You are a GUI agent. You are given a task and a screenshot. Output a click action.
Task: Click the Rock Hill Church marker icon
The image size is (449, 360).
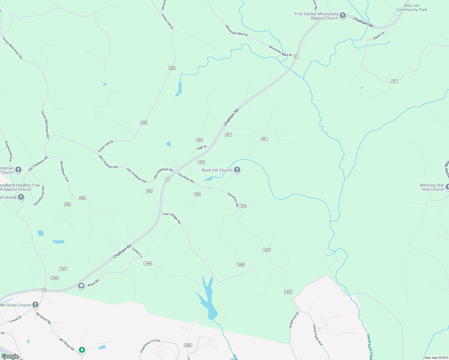(237, 170)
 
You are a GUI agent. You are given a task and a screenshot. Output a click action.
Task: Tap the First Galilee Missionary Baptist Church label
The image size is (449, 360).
(316, 16)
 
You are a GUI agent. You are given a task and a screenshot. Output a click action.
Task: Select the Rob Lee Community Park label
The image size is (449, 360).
(411, 8)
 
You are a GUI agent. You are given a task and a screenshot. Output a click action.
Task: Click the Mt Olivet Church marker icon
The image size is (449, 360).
(35, 305)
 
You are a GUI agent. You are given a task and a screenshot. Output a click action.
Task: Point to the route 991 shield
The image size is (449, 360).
(264, 139)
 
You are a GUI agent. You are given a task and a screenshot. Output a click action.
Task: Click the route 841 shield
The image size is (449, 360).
(228, 135)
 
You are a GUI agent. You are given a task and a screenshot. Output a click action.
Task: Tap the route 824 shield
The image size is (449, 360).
(200, 140)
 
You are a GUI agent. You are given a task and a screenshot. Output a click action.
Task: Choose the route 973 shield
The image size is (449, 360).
(201, 162)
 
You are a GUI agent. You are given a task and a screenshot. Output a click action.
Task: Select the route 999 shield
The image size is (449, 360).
(197, 194)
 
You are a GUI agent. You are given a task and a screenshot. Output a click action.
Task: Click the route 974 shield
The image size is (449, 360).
(243, 206)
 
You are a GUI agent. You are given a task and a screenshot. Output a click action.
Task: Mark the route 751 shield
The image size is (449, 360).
(394, 81)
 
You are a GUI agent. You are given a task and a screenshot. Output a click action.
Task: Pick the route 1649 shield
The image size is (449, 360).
(240, 265)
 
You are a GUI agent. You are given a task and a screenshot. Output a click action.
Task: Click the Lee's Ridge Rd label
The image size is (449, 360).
(172, 218)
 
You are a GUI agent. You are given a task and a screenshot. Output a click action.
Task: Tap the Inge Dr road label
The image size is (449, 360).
(202, 148)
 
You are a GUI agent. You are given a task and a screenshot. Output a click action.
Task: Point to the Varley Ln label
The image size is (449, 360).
(137, 252)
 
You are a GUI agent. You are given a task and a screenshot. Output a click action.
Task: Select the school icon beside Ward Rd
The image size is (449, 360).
(81, 286)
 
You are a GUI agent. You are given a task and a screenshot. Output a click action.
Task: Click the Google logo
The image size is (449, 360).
(10, 356)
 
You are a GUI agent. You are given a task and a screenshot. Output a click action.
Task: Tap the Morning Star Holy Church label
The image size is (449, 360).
(432, 187)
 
